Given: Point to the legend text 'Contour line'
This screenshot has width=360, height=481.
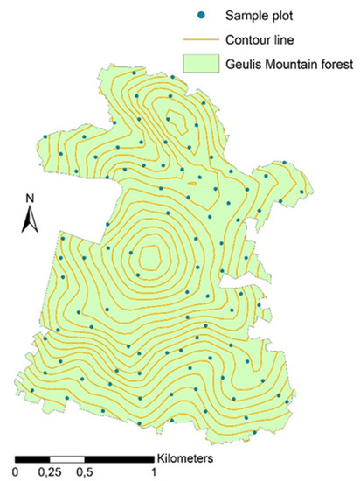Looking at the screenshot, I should point(263,38).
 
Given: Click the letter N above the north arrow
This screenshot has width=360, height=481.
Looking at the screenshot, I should point(29,198).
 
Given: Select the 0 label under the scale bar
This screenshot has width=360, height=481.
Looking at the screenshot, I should point(19,472).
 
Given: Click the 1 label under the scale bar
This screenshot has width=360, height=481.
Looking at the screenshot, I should point(153,472).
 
